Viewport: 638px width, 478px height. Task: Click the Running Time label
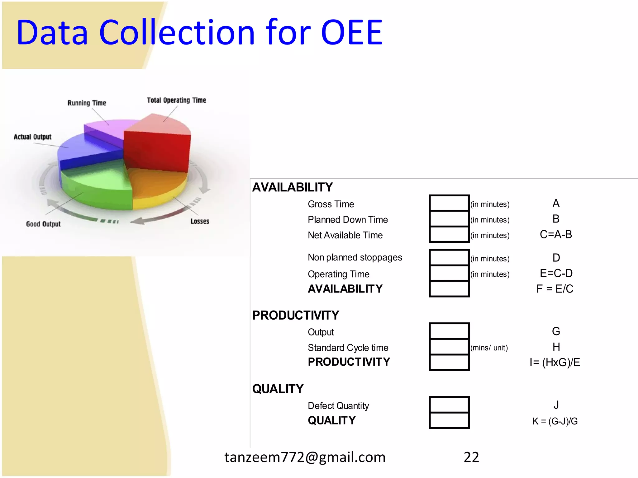pyautogui.click(x=87, y=103)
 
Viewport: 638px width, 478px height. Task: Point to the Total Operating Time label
pyautogui.click(x=176, y=100)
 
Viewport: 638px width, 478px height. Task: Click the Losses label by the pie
pyautogui.click(x=200, y=221)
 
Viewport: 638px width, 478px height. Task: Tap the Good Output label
pyautogui.click(x=43, y=224)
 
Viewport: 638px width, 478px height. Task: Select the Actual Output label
pyautogui.click(x=32, y=137)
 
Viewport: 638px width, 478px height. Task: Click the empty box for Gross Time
pyautogui.click(x=449, y=203)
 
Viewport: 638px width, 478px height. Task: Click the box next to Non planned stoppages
pyautogui.click(x=449, y=257)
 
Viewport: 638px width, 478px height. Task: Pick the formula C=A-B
pyautogui.click(x=556, y=235)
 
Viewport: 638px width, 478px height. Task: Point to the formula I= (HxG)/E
pyautogui.click(x=555, y=363)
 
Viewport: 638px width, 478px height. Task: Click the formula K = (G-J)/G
pyautogui.click(x=555, y=421)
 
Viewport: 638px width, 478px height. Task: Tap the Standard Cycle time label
pyautogui.click(x=348, y=348)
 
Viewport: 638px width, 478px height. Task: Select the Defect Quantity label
pyautogui.click(x=338, y=406)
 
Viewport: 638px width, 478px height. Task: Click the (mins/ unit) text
pyautogui.click(x=489, y=348)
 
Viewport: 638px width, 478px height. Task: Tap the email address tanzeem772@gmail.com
pyautogui.click(x=305, y=457)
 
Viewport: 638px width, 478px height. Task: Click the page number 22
pyautogui.click(x=471, y=457)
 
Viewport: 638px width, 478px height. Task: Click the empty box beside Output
pyautogui.click(x=449, y=331)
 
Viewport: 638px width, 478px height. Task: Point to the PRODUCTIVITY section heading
pyautogui.click(x=295, y=315)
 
